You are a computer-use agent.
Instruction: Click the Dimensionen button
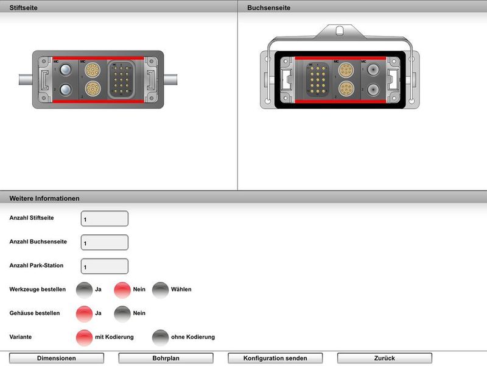(57, 358)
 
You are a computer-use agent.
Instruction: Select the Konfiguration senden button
(275, 358)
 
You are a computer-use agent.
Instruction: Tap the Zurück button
(384, 358)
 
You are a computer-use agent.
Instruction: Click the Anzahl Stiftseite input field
(104, 218)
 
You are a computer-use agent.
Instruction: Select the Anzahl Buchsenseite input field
(104, 242)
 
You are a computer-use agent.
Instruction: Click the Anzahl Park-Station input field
(104, 266)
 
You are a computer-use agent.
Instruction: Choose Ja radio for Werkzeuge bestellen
(84, 290)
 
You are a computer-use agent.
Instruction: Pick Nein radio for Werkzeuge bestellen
(122, 290)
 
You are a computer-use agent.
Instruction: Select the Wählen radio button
(160, 290)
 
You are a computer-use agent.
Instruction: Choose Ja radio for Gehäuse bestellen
(84, 314)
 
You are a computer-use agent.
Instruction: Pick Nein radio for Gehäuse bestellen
(122, 314)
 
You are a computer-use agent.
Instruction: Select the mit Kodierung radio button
(84, 337)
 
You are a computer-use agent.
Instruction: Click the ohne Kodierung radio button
(160, 337)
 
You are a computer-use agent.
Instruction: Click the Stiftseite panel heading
(22, 8)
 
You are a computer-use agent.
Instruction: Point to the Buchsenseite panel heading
(268, 8)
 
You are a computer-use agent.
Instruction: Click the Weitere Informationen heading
(44, 198)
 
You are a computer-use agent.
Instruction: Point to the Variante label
(21, 337)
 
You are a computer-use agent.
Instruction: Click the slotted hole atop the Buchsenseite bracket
(340, 30)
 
